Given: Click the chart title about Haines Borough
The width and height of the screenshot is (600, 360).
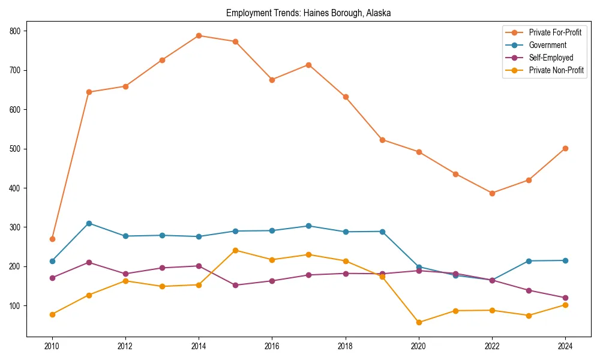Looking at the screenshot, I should [x=308, y=13].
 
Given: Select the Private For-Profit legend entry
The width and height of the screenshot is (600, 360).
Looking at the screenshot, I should [x=555, y=32].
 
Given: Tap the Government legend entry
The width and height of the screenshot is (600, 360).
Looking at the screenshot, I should [x=547, y=45].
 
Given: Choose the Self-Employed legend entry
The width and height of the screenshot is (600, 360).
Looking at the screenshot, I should [x=551, y=58].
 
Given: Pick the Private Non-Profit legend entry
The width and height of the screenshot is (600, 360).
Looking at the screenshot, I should [x=556, y=71].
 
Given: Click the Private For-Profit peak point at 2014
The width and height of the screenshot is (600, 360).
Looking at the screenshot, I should [x=199, y=35].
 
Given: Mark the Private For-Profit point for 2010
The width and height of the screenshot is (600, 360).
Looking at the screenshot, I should [x=52, y=239].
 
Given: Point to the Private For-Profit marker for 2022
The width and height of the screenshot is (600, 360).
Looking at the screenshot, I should [x=492, y=193].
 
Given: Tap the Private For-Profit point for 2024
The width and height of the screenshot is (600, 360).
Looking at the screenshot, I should [x=565, y=148].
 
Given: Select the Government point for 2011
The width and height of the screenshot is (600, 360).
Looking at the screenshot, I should [x=89, y=223].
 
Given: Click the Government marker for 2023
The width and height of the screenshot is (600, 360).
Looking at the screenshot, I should [x=529, y=261].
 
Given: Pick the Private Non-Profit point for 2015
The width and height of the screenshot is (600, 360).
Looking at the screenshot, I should [x=235, y=250].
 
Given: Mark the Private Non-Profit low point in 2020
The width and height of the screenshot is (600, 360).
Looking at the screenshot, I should [x=419, y=322].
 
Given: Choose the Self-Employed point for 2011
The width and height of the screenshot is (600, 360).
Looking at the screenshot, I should [x=89, y=262].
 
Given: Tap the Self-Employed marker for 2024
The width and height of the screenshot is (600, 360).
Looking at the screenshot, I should [x=565, y=298].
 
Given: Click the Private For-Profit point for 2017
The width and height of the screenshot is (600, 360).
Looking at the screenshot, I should [x=308, y=65].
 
